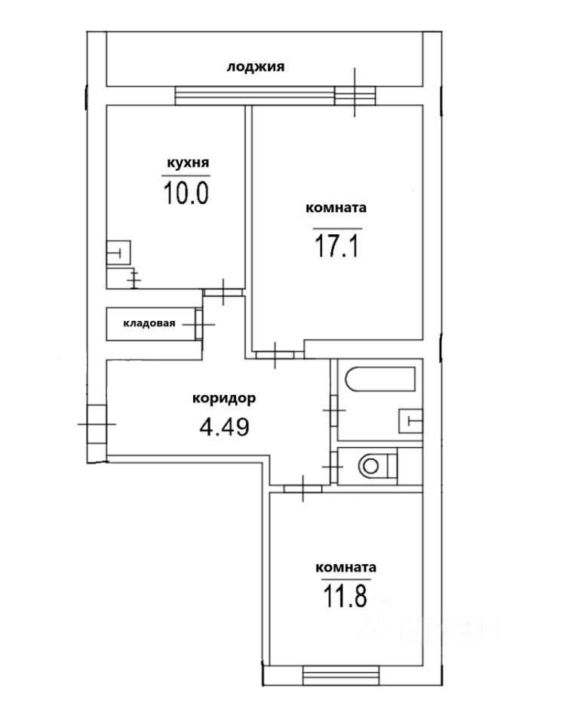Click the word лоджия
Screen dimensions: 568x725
256,67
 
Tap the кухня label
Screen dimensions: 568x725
188,163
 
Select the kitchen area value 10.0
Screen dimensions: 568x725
186,193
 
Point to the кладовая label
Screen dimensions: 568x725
149,323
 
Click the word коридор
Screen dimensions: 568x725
224,399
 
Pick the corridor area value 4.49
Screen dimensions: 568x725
225,427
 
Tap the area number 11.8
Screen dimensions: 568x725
345,596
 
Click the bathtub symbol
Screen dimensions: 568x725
380,379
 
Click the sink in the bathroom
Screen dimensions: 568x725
411,421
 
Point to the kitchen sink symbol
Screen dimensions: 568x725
118,252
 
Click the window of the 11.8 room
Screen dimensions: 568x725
341,675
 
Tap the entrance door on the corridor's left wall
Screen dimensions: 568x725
97,424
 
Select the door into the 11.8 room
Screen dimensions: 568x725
303,489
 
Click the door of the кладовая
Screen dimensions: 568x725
198,324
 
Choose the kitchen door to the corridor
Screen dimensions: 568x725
223,292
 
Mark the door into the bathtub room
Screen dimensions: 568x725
334,411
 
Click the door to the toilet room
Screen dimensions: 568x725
333,467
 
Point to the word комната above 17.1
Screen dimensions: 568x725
336,208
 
